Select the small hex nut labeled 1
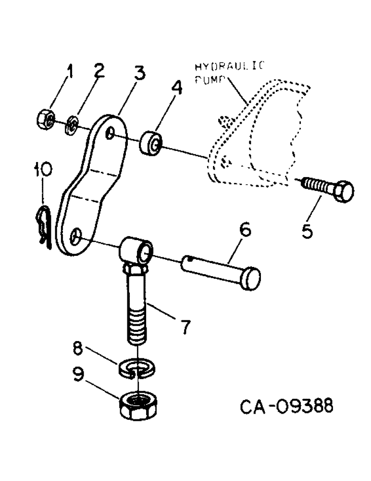click(45, 119)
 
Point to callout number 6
click(245, 231)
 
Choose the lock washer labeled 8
click(136, 368)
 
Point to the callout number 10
click(43, 169)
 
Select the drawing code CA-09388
click(286, 407)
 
